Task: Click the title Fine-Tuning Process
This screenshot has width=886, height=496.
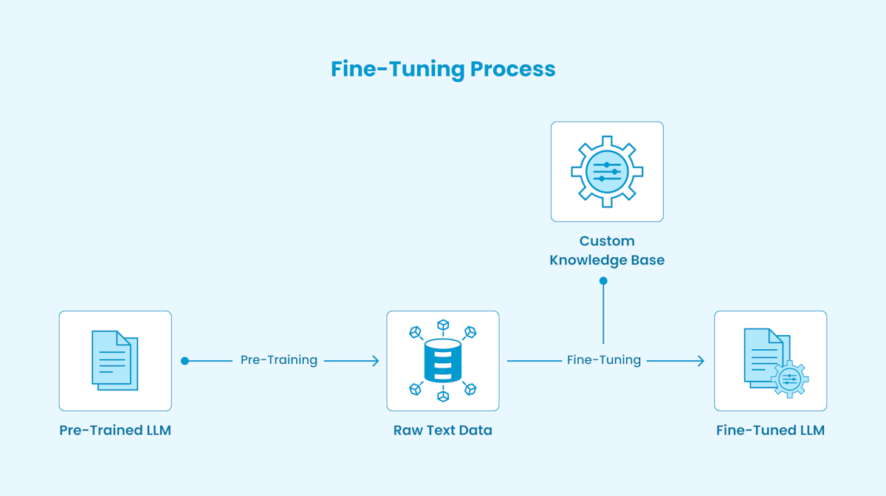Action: (x=443, y=69)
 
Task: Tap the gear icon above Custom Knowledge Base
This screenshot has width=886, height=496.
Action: (x=607, y=171)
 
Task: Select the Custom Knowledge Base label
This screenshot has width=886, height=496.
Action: (x=607, y=250)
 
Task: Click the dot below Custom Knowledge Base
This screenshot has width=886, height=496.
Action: (x=603, y=281)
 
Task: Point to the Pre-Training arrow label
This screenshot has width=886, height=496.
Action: (x=279, y=360)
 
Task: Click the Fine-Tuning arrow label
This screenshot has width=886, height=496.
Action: (x=603, y=360)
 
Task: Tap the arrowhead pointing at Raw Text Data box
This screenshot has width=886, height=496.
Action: (x=375, y=361)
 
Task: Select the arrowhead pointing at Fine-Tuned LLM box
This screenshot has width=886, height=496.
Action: (x=700, y=361)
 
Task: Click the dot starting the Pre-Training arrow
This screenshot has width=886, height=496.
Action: (x=185, y=361)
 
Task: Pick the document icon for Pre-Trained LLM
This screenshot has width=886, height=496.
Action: (x=114, y=360)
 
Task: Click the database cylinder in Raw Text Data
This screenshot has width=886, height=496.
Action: (x=443, y=361)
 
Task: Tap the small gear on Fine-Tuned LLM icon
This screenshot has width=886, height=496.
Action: (x=789, y=379)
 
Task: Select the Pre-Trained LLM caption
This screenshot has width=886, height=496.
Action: (x=115, y=430)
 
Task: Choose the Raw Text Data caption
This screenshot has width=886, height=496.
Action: (x=443, y=430)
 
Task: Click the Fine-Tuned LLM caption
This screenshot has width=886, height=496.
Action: (x=770, y=430)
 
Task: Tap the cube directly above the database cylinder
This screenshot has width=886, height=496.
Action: (x=443, y=325)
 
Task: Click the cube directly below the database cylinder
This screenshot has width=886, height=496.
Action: (x=443, y=396)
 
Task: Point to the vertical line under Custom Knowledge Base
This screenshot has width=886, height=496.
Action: (x=603, y=314)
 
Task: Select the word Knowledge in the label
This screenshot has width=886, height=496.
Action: (x=586, y=260)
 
